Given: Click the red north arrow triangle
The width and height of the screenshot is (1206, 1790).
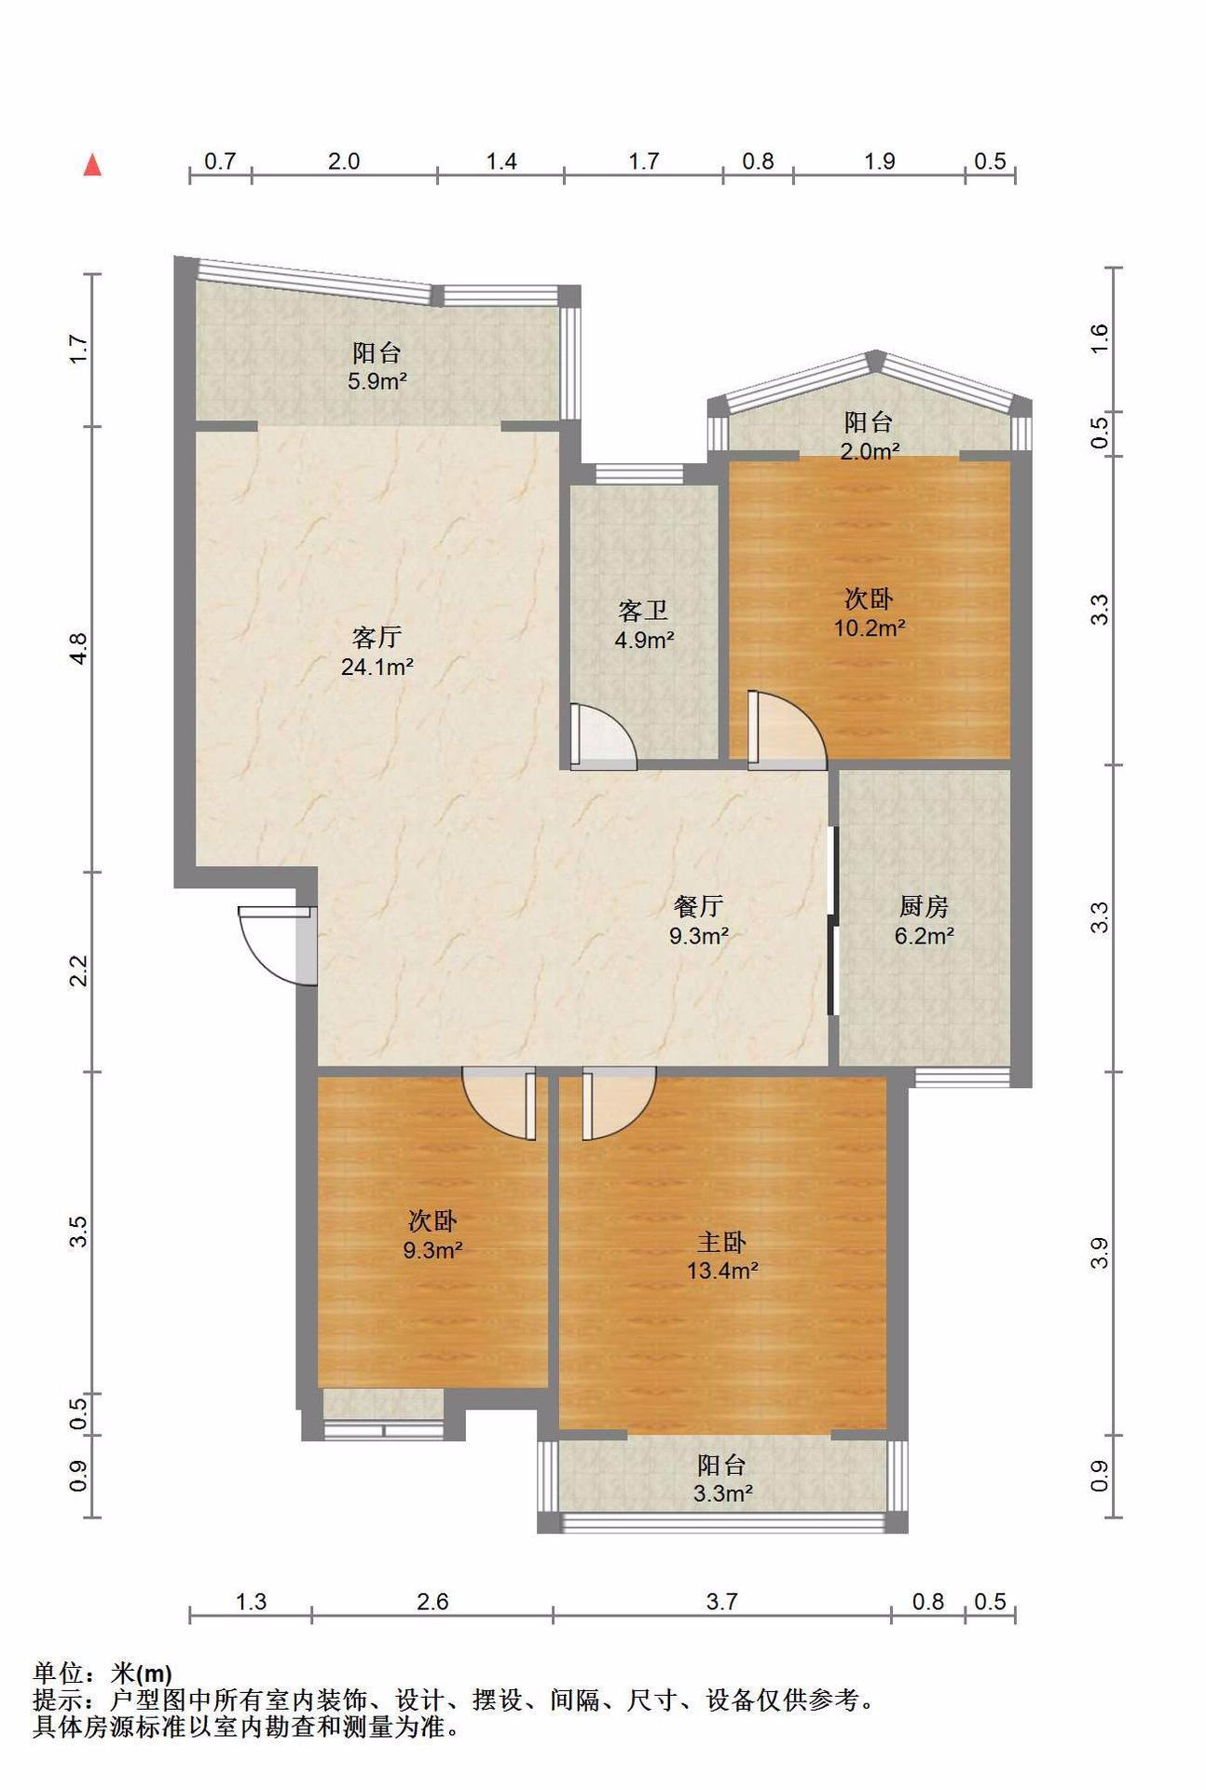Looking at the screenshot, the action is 92,165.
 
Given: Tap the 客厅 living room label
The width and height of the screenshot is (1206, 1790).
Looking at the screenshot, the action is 377,638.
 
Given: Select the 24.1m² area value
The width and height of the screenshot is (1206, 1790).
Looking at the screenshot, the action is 377,667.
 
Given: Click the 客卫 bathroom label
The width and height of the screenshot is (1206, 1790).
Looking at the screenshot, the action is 643,612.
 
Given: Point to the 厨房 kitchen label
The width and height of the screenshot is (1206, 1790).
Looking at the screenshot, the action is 924,906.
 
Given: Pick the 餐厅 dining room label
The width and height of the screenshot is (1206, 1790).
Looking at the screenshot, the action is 698,906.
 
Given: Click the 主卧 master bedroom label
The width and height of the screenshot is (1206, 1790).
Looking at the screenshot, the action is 722,1242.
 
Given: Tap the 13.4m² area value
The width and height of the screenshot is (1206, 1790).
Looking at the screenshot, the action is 722,1270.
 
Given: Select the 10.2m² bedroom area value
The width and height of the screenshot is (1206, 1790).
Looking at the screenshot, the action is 870,627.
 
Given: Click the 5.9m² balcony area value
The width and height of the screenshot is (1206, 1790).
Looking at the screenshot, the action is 377,380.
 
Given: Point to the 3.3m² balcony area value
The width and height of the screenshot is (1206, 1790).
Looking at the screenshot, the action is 722,1494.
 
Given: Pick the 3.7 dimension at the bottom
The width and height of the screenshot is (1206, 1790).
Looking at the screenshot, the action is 721,1602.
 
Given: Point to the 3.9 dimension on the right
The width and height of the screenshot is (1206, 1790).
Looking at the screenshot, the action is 1100,1253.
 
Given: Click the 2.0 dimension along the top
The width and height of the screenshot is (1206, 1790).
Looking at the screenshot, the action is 344,161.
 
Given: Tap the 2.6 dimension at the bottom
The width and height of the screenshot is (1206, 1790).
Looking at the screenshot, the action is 432,1602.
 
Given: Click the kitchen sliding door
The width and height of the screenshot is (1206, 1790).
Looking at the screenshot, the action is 831,918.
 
